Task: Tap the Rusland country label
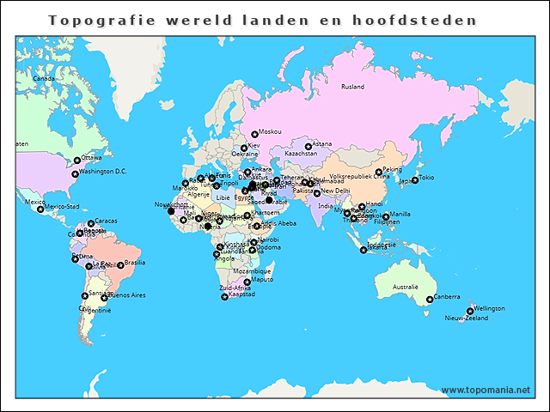point(352,87)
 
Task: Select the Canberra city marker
point(430,299)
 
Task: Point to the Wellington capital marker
point(470,310)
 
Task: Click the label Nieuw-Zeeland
point(466,318)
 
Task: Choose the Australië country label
point(405,286)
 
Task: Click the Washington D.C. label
point(102,171)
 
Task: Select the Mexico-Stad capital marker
point(40,209)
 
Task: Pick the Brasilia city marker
point(120,265)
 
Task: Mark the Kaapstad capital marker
point(225,296)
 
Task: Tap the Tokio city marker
point(414,179)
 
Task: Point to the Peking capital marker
point(378,172)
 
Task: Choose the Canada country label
point(44,78)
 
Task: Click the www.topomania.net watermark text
point(486,390)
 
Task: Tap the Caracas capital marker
point(91,223)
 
